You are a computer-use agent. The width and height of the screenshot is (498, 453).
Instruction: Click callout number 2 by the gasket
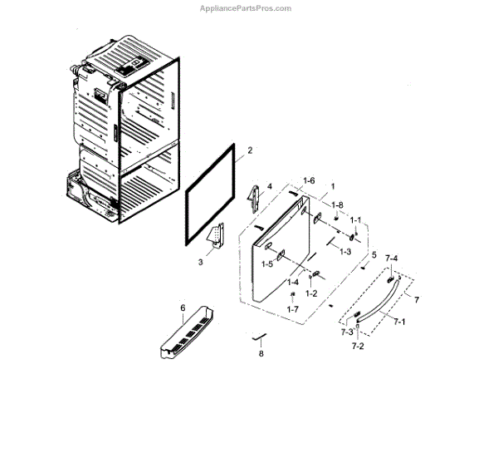pyautogui.click(x=250, y=151)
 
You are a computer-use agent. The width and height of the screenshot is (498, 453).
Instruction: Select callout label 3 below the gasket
pyautogui.click(x=200, y=262)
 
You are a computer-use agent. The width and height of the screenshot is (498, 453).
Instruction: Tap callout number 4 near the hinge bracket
pyautogui.click(x=269, y=186)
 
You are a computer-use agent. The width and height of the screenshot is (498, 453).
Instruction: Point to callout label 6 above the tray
pyautogui.click(x=182, y=308)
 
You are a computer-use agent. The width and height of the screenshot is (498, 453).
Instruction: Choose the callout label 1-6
pyautogui.click(x=309, y=180)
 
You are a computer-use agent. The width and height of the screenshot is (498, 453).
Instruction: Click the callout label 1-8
pyautogui.click(x=337, y=204)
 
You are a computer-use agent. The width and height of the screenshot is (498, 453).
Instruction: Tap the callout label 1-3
pyautogui.click(x=344, y=251)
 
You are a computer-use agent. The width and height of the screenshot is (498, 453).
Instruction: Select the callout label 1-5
pyautogui.click(x=267, y=263)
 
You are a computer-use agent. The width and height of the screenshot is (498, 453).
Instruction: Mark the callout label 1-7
pyautogui.click(x=292, y=308)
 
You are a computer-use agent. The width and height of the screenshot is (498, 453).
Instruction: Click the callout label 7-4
pyautogui.click(x=390, y=259)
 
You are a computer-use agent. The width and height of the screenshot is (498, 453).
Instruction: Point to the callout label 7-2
pyautogui.click(x=357, y=344)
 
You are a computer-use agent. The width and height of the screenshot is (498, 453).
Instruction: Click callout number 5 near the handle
pyautogui.click(x=373, y=254)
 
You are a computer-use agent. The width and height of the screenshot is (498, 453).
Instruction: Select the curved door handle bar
pyautogui.click(x=383, y=298)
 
